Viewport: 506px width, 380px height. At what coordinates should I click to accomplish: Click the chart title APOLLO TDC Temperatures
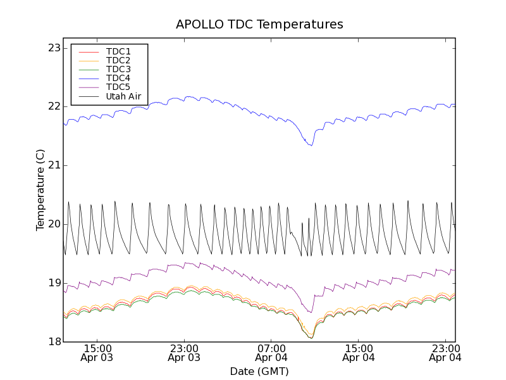click(259, 25)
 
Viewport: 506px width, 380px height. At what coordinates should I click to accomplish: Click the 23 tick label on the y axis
click(54, 48)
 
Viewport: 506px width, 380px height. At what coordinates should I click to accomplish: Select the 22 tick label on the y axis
click(54, 106)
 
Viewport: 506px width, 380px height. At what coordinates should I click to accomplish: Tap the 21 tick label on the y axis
click(54, 165)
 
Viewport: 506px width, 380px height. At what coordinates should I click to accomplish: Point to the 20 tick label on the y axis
click(54, 224)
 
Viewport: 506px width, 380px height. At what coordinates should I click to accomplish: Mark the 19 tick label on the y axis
click(54, 283)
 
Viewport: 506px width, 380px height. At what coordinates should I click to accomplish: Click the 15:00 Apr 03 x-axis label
click(98, 353)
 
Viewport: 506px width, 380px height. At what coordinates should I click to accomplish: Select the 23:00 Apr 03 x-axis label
click(185, 353)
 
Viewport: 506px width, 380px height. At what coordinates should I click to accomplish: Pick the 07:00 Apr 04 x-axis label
click(272, 353)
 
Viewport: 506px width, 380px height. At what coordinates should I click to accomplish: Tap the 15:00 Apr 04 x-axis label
click(359, 353)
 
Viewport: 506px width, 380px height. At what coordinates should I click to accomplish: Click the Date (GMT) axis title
click(259, 371)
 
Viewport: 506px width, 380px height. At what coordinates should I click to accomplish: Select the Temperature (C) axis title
click(40, 190)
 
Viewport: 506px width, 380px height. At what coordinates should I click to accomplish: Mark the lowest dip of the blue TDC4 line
click(311, 146)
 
